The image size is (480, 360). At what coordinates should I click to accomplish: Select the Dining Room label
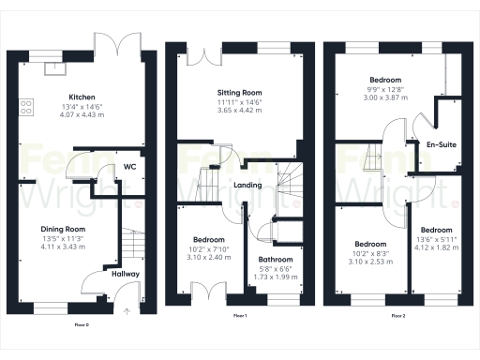[x=63, y=229]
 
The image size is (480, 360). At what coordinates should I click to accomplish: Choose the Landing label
[x=247, y=184]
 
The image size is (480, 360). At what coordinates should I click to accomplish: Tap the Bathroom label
[x=276, y=260]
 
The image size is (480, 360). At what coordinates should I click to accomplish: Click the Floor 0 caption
[x=82, y=324]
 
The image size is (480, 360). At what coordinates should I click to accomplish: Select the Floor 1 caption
[x=238, y=315]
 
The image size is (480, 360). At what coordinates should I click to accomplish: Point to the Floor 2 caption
[x=397, y=315]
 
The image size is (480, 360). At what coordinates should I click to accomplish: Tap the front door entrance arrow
[x=125, y=310]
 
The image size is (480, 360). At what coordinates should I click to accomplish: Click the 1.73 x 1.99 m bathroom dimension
[x=276, y=277]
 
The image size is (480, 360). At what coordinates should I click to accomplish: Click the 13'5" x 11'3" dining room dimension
[x=63, y=239]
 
